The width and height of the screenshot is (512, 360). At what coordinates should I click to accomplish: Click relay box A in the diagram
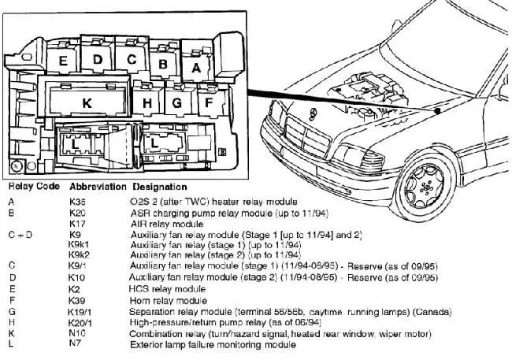click(x=196, y=69)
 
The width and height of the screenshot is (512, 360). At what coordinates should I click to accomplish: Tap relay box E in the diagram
click(x=63, y=60)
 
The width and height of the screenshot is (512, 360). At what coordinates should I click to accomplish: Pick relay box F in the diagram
click(x=209, y=102)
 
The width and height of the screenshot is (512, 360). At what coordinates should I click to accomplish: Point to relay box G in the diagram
click(x=178, y=102)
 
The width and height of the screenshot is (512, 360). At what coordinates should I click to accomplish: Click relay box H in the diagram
click(x=148, y=102)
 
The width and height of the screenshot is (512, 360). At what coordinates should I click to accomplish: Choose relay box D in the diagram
click(x=97, y=59)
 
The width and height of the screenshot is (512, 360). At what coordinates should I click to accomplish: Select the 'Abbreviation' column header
click(x=98, y=187)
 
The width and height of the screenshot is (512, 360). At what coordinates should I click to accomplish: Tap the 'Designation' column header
click(x=160, y=187)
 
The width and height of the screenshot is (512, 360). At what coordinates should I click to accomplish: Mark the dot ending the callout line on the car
click(x=437, y=111)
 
